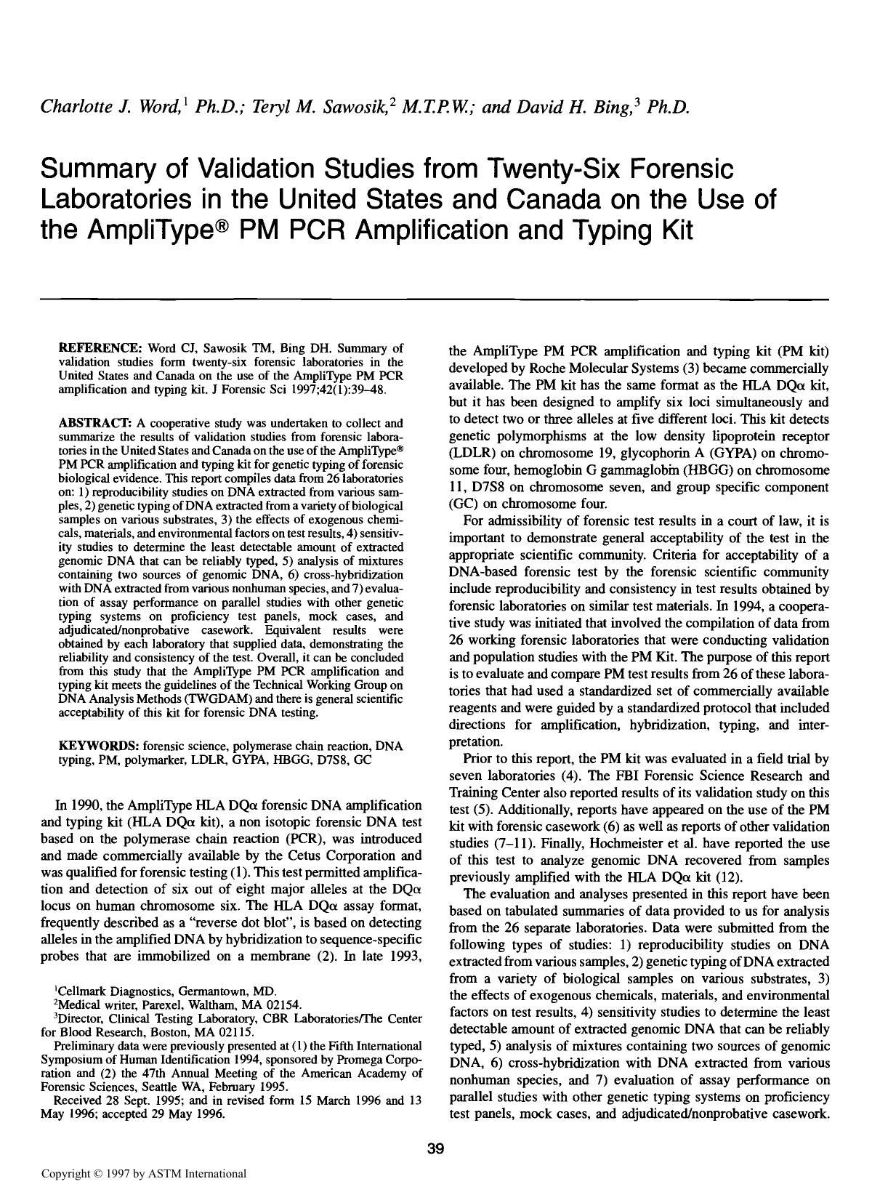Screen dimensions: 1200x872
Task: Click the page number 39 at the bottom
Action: pos(435,1149)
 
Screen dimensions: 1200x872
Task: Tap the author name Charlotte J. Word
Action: pos(110,108)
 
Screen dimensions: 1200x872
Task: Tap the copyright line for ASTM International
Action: pos(144,1173)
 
